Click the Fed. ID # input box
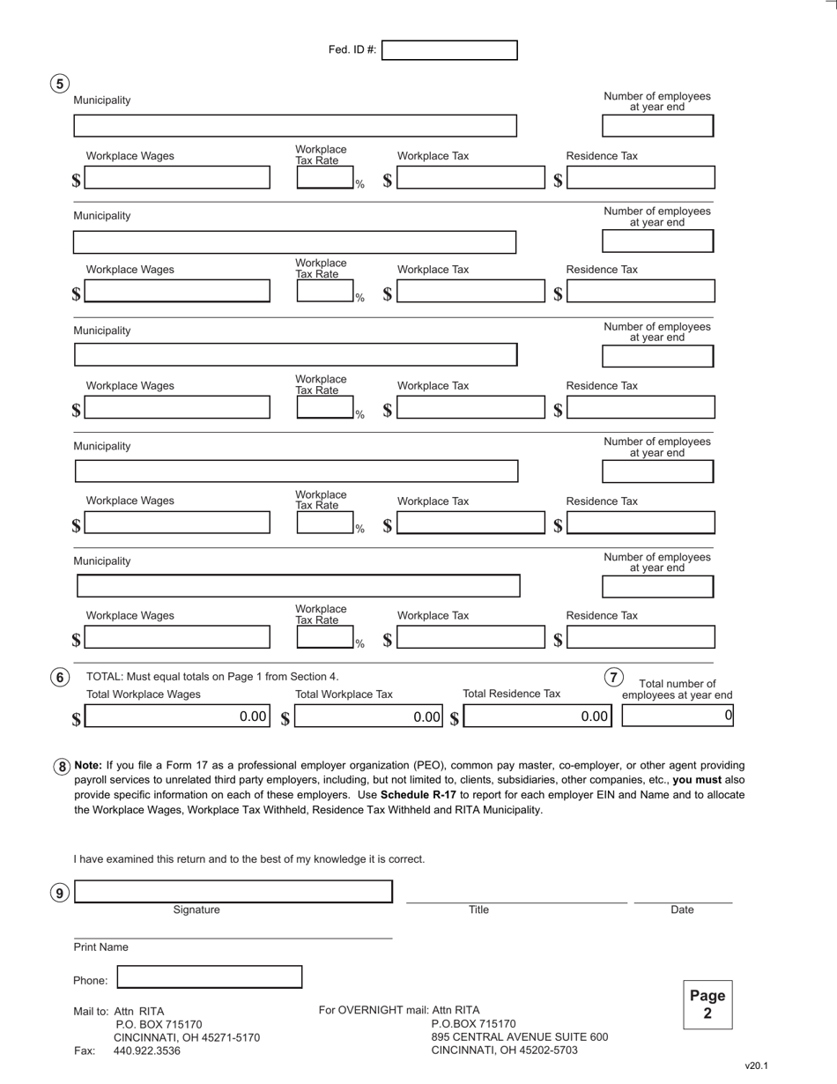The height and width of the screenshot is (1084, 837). pyautogui.click(x=449, y=50)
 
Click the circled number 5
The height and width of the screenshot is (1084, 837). pyautogui.click(x=59, y=84)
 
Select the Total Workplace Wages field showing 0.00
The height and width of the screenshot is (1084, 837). pyautogui.click(x=177, y=716)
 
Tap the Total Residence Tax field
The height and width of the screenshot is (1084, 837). pyautogui.click(x=537, y=716)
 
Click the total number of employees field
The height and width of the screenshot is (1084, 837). pyautogui.click(x=677, y=716)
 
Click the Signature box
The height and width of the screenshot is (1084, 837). pyautogui.click(x=233, y=892)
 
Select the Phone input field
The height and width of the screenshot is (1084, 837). pyautogui.click(x=210, y=976)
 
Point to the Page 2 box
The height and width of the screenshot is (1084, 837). pyautogui.click(x=707, y=1005)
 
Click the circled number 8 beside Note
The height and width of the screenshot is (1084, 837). pyautogui.click(x=62, y=767)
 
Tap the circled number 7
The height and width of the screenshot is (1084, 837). pyautogui.click(x=613, y=678)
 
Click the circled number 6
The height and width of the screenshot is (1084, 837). pyautogui.click(x=59, y=678)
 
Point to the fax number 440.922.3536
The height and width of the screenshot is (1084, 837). pyautogui.click(x=147, y=1051)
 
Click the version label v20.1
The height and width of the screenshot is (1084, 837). pyautogui.click(x=756, y=1065)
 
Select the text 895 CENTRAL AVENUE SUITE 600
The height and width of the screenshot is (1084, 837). pyautogui.click(x=519, y=1037)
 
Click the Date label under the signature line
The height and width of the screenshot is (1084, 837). pyautogui.click(x=682, y=910)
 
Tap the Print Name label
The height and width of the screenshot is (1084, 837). pyautogui.click(x=100, y=947)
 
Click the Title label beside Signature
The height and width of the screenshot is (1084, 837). pyautogui.click(x=478, y=910)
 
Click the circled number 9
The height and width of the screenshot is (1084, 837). pyautogui.click(x=59, y=893)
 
